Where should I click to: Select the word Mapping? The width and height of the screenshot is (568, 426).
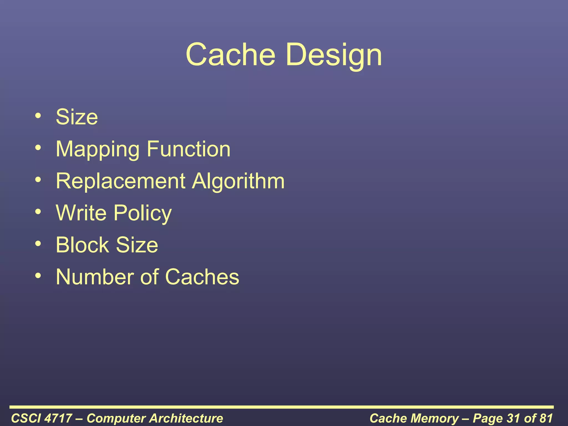tap(97, 149)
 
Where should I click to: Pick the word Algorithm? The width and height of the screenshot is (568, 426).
tap(238, 182)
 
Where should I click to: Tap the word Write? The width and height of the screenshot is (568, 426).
tap(81, 213)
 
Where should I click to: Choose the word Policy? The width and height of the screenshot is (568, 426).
tap(143, 214)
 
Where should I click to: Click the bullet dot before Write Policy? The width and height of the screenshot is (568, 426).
tap(38, 212)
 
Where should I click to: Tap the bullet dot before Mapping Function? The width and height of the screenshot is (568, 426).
tap(38, 148)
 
